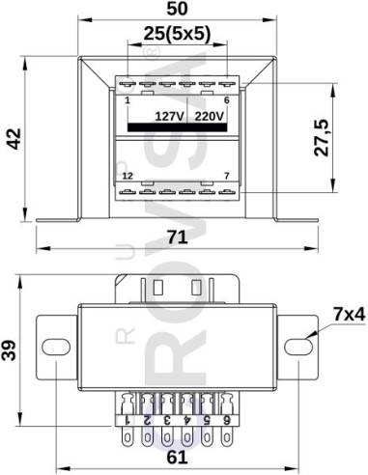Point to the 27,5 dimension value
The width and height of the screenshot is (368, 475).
323,137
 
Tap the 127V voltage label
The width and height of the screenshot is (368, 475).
170,116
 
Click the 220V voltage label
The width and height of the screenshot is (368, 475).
209,116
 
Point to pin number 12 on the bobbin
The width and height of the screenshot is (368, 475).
127,176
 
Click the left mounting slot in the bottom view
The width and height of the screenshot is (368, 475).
56,345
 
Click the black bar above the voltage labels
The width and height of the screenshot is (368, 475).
178,126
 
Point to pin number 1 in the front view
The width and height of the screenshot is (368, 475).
127,99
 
